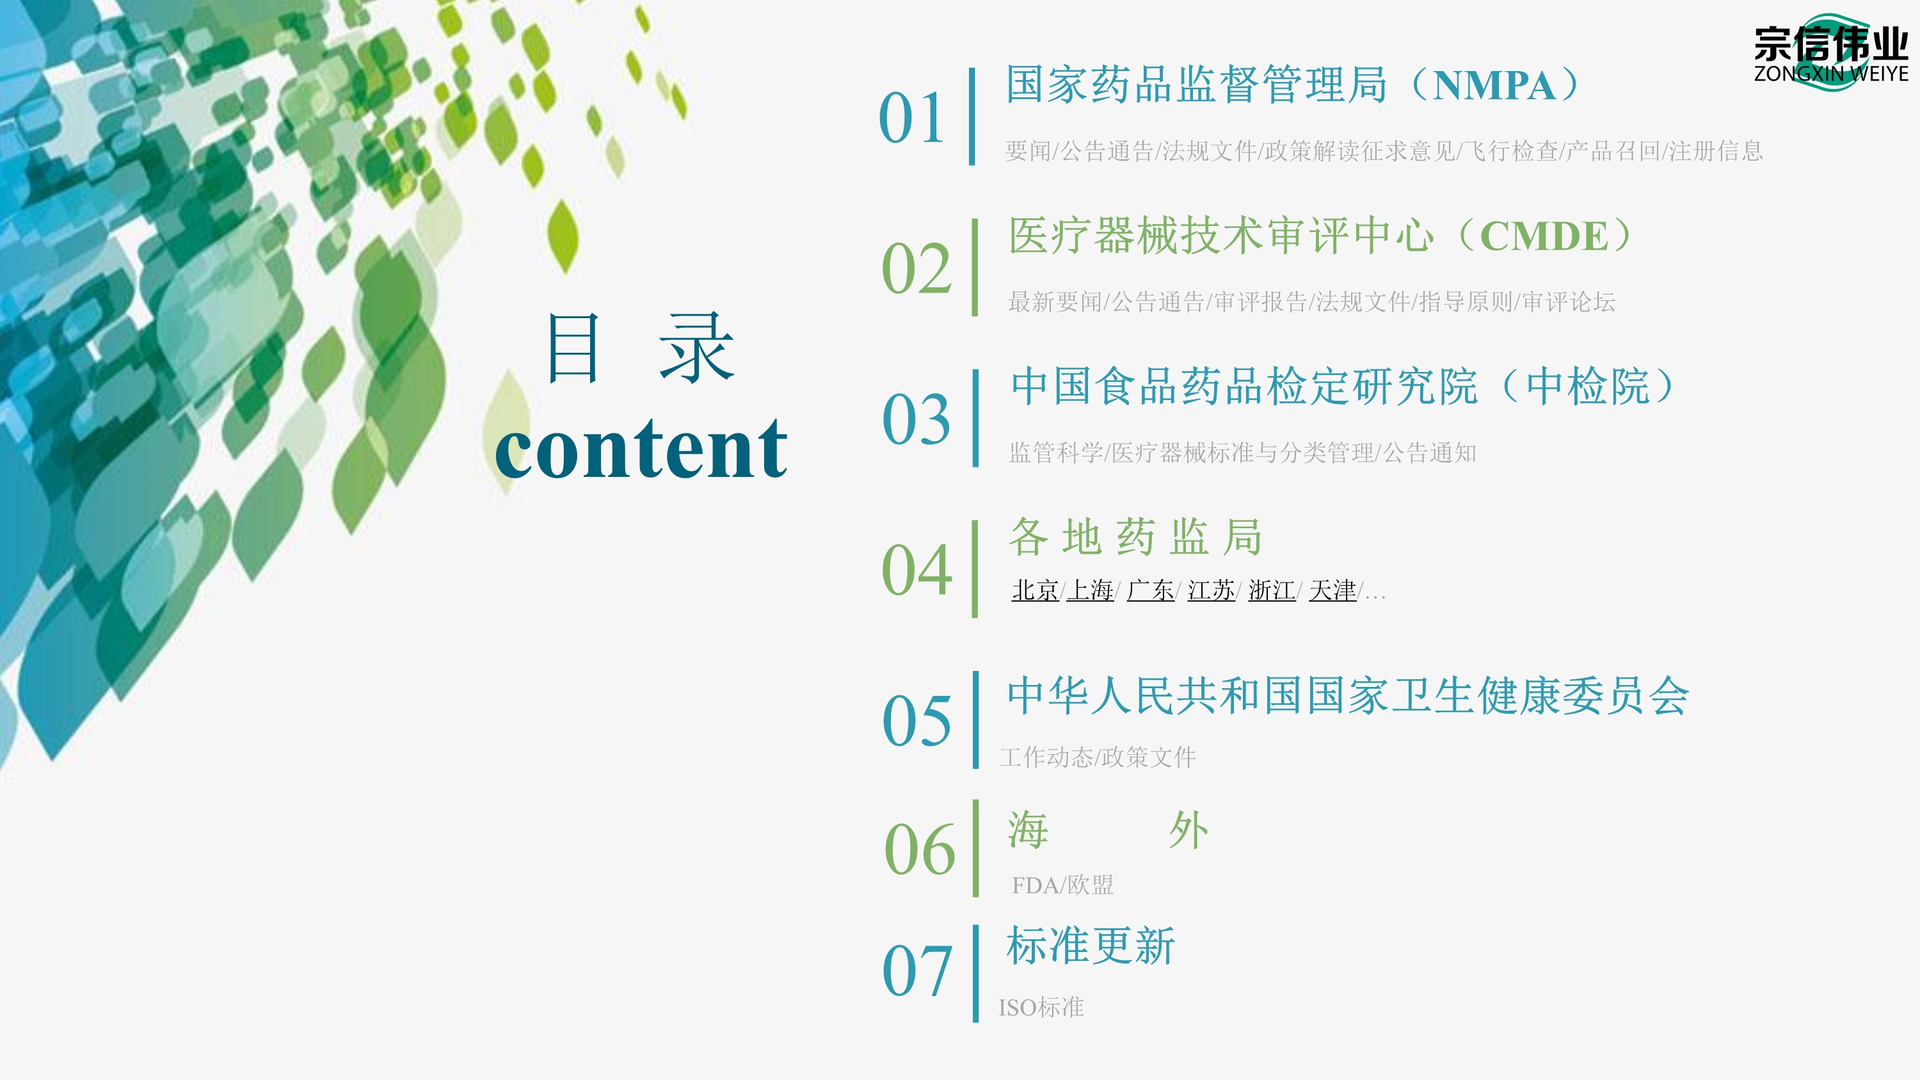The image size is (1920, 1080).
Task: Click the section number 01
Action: pos(911,118)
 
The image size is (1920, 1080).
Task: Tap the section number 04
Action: pos(916,570)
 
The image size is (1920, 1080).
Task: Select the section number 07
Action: pos(916,971)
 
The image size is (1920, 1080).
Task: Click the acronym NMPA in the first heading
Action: pos(1494,86)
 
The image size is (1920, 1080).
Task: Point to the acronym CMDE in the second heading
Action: pos(1544,237)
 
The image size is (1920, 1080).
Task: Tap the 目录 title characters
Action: pos(641,348)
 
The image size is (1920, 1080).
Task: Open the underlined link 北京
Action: pos(1034,590)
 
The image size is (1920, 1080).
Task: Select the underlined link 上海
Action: pos(1090,590)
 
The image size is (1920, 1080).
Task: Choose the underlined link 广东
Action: pos(1150,590)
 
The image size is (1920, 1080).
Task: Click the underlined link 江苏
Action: pos(1210,590)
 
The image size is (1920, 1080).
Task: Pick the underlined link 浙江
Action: pos(1272,590)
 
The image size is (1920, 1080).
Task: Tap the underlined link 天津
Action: pos(1332,590)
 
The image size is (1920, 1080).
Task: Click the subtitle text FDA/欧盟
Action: pos(1062,885)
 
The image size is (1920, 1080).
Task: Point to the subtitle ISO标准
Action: pos(1041,1008)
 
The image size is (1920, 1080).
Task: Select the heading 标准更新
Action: pos(1091,946)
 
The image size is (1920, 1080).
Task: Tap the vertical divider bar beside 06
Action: pos(975,848)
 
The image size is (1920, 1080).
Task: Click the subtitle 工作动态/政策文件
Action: pos(1097,757)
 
